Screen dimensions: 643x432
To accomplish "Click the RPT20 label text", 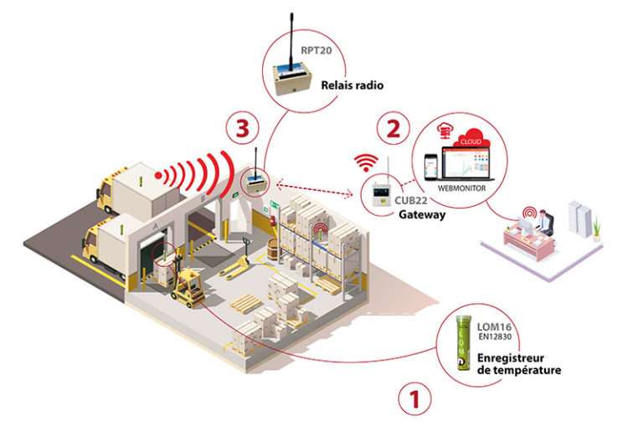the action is [x=316, y=50].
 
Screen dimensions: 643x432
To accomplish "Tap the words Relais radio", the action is [x=352, y=85].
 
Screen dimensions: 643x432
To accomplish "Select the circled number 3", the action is [x=242, y=128].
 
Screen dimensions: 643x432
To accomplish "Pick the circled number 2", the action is [x=394, y=128].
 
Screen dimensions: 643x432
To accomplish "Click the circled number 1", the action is [x=415, y=399].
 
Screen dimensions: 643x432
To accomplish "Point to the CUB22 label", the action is [x=411, y=200].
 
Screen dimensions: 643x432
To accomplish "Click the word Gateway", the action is [x=422, y=214].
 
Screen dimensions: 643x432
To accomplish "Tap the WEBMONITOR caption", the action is [x=462, y=188].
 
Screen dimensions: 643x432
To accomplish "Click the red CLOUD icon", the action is [x=472, y=138].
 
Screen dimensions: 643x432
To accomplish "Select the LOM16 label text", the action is [x=494, y=327].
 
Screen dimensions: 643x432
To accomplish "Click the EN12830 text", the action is [x=495, y=337].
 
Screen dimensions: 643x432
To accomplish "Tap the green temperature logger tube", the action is [x=463, y=342].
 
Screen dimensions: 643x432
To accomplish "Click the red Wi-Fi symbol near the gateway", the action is [x=366, y=162].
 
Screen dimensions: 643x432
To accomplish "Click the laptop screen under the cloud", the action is [x=466, y=162].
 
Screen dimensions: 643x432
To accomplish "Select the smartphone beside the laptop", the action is [x=430, y=167].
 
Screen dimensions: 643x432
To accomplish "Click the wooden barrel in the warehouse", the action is [x=274, y=248].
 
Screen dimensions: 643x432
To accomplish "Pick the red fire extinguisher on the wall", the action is [x=272, y=221].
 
